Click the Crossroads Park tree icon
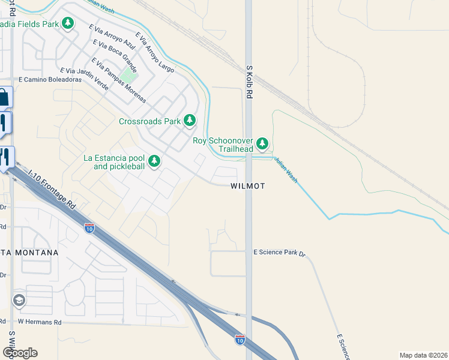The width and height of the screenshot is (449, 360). point(190,121)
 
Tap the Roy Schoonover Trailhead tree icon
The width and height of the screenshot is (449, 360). point(262,144)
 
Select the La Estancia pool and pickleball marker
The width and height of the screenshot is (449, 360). point(154,161)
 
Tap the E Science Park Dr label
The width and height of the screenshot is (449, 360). point(280,253)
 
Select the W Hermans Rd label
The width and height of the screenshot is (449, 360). point(40,322)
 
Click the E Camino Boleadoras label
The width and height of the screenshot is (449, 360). point(50,79)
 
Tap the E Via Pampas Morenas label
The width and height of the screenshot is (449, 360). point(118,79)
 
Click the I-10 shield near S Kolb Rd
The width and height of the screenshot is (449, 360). point(240,339)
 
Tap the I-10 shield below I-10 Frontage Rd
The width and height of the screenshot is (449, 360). point(89,228)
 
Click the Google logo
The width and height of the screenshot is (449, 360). point(20,352)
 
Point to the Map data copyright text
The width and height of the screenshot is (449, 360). point(423,355)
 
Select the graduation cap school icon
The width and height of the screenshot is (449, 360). point(19,300)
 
